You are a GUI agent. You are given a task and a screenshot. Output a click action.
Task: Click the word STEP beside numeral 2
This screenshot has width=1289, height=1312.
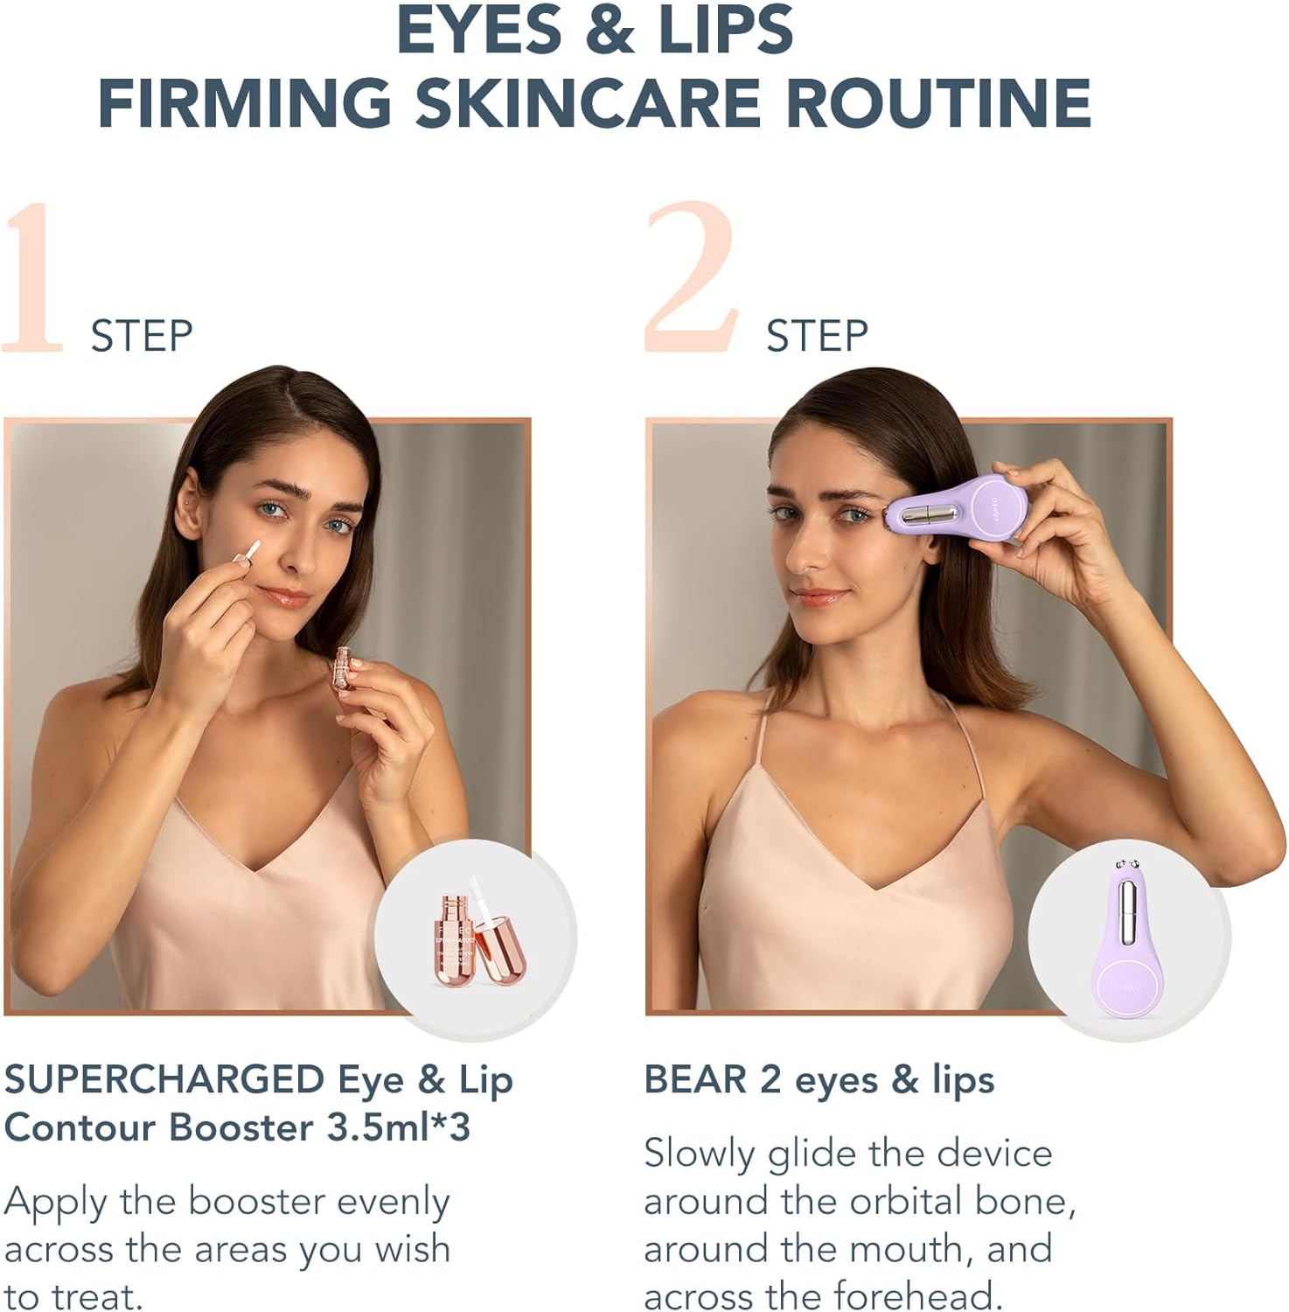(817, 337)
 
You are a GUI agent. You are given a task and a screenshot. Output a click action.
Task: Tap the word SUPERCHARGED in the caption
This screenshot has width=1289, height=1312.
(164, 1080)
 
